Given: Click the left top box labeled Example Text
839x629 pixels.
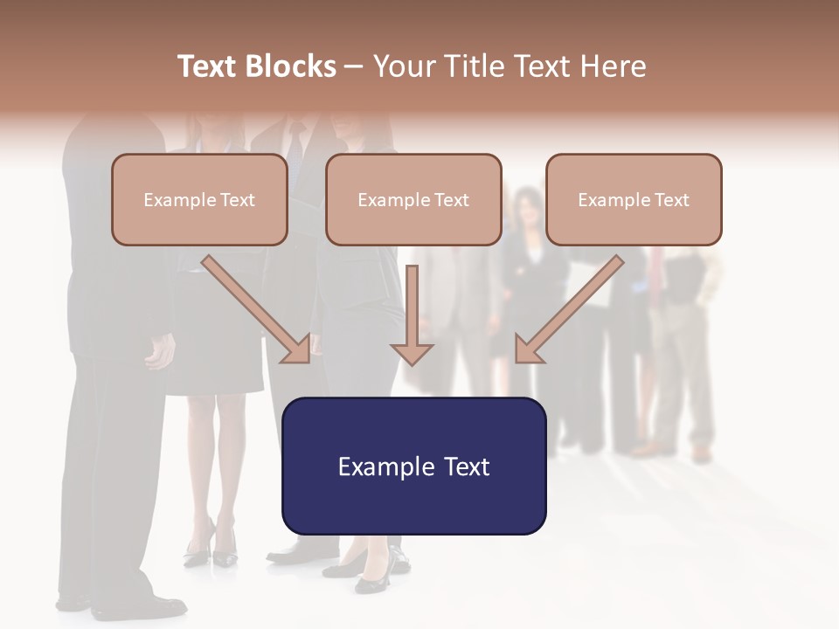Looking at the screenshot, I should tap(199, 199).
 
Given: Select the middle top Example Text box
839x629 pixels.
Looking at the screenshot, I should tap(413, 199).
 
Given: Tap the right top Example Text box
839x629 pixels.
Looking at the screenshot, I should tap(634, 199).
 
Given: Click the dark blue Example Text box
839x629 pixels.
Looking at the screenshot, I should tap(413, 466).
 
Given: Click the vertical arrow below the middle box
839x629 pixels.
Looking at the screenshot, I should tap(412, 314).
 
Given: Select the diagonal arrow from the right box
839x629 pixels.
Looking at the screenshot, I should tap(569, 309).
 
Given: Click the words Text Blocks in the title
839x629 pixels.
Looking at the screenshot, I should tap(256, 66).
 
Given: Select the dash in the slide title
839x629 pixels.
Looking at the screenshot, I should tap(354, 66).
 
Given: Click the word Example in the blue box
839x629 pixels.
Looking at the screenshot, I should tap(381, 467).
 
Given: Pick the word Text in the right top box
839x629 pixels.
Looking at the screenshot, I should tap(671, 200).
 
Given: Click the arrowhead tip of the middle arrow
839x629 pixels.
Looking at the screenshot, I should tap(412, 361).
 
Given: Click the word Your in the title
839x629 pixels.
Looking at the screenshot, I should tap(405, 66).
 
